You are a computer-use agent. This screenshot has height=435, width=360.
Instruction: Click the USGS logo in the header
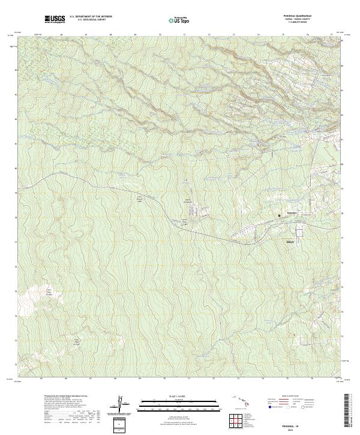click(x=55, y=20)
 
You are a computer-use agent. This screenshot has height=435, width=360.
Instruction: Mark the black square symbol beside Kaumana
click(x=279, y=215)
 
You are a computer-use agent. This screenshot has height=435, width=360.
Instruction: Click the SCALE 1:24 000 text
click(x=173, y=397)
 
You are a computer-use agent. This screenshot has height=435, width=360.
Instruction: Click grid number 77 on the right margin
click(x=342, y=238)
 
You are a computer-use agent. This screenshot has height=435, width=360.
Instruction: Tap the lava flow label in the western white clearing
click(x=50, y=294)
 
